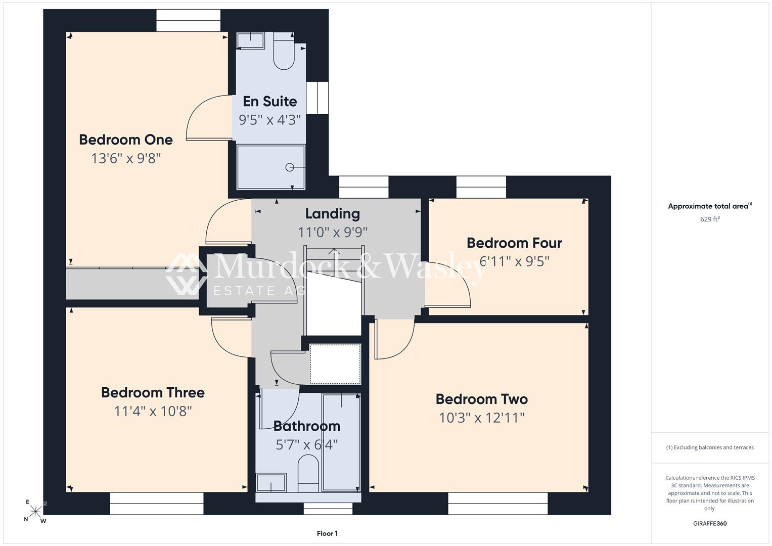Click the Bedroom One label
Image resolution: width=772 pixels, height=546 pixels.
pos(126,140)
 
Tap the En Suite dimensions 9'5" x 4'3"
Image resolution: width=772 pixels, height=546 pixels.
pos(270,120)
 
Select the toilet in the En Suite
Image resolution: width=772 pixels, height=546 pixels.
pos(284,51)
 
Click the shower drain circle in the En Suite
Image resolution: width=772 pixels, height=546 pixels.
pos(290,167)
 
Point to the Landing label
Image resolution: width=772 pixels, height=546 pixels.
pos(333,214)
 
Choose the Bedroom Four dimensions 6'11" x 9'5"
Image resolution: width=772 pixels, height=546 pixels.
pos(514,261)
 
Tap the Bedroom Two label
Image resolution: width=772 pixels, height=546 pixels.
pos(482,399)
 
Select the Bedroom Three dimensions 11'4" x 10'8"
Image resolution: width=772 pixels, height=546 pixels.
pos(153,411)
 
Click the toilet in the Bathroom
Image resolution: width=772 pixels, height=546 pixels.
pos(308,473)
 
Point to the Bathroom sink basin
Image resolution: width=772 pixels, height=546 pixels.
pos(271,482)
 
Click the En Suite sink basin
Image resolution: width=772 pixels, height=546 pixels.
pos(251,41)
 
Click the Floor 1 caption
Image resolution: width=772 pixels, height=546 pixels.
pos(327,533)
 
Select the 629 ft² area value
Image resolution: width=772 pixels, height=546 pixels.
pos(710,219)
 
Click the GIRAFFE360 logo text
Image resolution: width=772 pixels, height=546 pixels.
pos(710,523)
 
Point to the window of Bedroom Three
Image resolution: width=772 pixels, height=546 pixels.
pos(157,503)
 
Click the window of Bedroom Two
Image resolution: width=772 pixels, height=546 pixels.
pos(497,503)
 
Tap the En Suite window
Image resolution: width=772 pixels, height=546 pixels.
pos(317,98)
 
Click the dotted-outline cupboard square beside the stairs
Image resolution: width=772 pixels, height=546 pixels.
pos(335,363)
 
